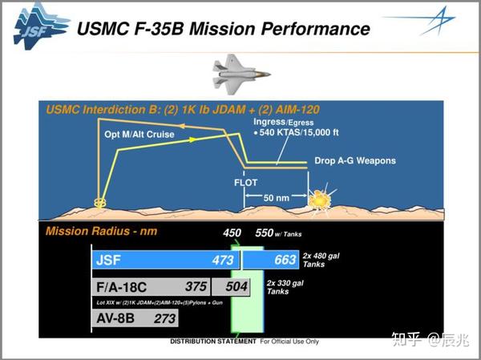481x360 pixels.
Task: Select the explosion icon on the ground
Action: pyautogui.click(x=324, y=197)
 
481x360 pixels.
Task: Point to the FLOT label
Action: pyautogui.click(x=245, y=182)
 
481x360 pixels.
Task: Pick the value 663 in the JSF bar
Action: pyautogui.click(x=284, y=260)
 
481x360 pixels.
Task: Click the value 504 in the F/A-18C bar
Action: pyautogui.click(x=237, y=287)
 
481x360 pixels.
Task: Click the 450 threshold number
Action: pyautogui.click(x=232, y=233)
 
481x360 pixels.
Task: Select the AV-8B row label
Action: pyautogui.click(x=114, y=319)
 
